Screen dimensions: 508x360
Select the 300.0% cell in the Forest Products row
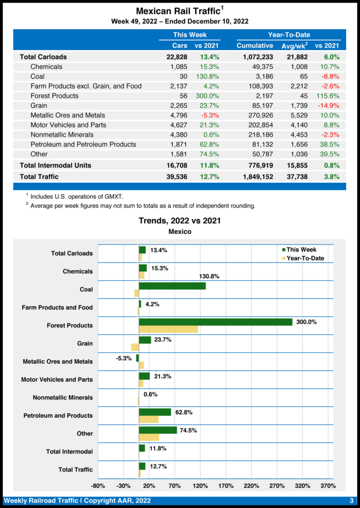[207, 96]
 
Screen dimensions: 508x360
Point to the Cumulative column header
[255, 46]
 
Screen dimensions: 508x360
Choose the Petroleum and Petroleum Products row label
[83, 144]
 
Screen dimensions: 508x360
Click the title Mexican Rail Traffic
[177, 10]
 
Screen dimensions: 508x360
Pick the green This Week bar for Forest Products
[216, 322]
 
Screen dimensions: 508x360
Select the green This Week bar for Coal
[172, 286]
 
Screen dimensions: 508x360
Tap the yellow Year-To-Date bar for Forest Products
[168, 329]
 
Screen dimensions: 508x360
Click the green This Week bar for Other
[158, 430]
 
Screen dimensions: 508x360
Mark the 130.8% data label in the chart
[209, 276]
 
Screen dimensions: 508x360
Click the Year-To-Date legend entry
[305, 258]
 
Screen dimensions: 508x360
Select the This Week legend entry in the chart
[301, 250]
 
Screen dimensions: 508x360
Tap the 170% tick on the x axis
[225, 486]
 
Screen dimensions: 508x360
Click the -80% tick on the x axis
[98, 486]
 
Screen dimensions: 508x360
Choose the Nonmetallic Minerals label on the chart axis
[63, 398]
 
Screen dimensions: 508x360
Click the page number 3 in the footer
[351, 501]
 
